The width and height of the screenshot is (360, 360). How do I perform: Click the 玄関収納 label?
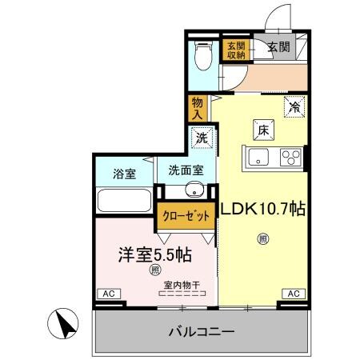pyautogui.click(x=235, y=50)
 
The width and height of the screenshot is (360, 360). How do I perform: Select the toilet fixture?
pyautogui.click(x=204, y=57)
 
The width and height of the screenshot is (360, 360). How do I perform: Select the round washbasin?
pyautogui.click(x=194, y=191)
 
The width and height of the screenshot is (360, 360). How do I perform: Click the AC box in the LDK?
pyautogui.click(x=293, y=294)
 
